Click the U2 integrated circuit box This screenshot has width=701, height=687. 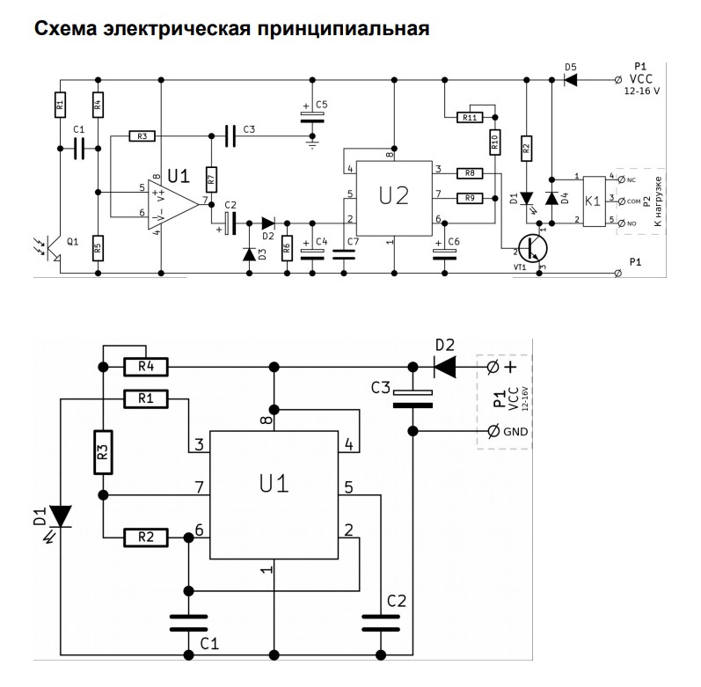click(x=394, y=199)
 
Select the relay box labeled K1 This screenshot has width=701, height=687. click(x=594, y=201)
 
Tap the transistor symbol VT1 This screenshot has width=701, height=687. click(x=533, y=248)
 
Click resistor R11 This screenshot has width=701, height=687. click(x=470, y=118)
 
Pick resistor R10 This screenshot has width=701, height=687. click(x=494, y=143)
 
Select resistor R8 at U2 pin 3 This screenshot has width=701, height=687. click(x=470, y=173)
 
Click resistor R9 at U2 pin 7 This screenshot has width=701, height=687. click(x=470, y=198)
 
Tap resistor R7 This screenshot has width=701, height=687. click(x=211, y=179)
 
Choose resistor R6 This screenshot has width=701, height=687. click(x=287, y=248)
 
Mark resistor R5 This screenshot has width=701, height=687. click(x=99, y=248)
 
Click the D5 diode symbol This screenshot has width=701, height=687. click(x=570, y=80)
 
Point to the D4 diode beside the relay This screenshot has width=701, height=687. click(x=551, y=198)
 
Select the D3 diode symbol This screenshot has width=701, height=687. click(x=250, y=254)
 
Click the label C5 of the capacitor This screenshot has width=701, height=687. click(x=321, y=105)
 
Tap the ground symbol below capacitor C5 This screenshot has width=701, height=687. click(x=312, y=144)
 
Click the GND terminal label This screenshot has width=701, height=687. click(x=515, y=432)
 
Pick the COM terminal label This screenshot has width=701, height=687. click(x=633, y=201)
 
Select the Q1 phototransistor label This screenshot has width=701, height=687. click(x=72, y=242)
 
